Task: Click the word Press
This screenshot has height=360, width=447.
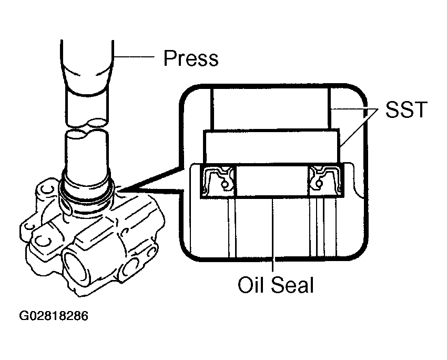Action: coord(191,58)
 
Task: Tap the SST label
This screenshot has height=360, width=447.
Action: coord(406,109)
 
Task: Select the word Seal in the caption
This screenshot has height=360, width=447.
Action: coord(292,284)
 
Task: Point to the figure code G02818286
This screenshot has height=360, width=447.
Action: coord(54,316)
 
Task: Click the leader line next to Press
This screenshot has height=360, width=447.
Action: coord(134,57)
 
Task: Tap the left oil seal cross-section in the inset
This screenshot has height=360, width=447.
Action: coord(218,181)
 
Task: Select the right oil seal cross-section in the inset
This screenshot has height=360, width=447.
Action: coord(326,181)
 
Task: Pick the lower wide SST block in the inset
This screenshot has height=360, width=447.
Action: coord(271,147)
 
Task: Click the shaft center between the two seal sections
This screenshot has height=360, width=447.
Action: coord(272,181)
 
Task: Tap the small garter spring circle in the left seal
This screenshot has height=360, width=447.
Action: coord(225,185)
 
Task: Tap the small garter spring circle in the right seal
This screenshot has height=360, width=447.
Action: coord(319,183)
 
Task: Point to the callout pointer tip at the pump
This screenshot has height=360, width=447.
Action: coord(119,190)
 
